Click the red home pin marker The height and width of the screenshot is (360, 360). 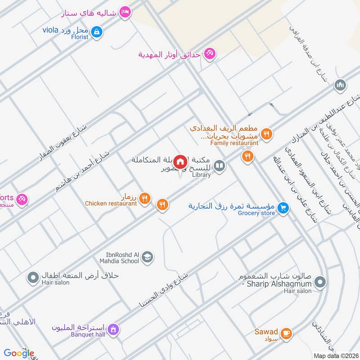pos(180,162)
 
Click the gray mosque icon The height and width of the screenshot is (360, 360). pos(340,85)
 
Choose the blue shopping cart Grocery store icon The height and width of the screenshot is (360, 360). pos(283,207)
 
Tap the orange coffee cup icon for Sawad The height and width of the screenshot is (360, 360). pos(286,333)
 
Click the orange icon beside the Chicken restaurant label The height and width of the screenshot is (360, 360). pos(144,198)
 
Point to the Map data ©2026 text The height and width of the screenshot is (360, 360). pos(335,355)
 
